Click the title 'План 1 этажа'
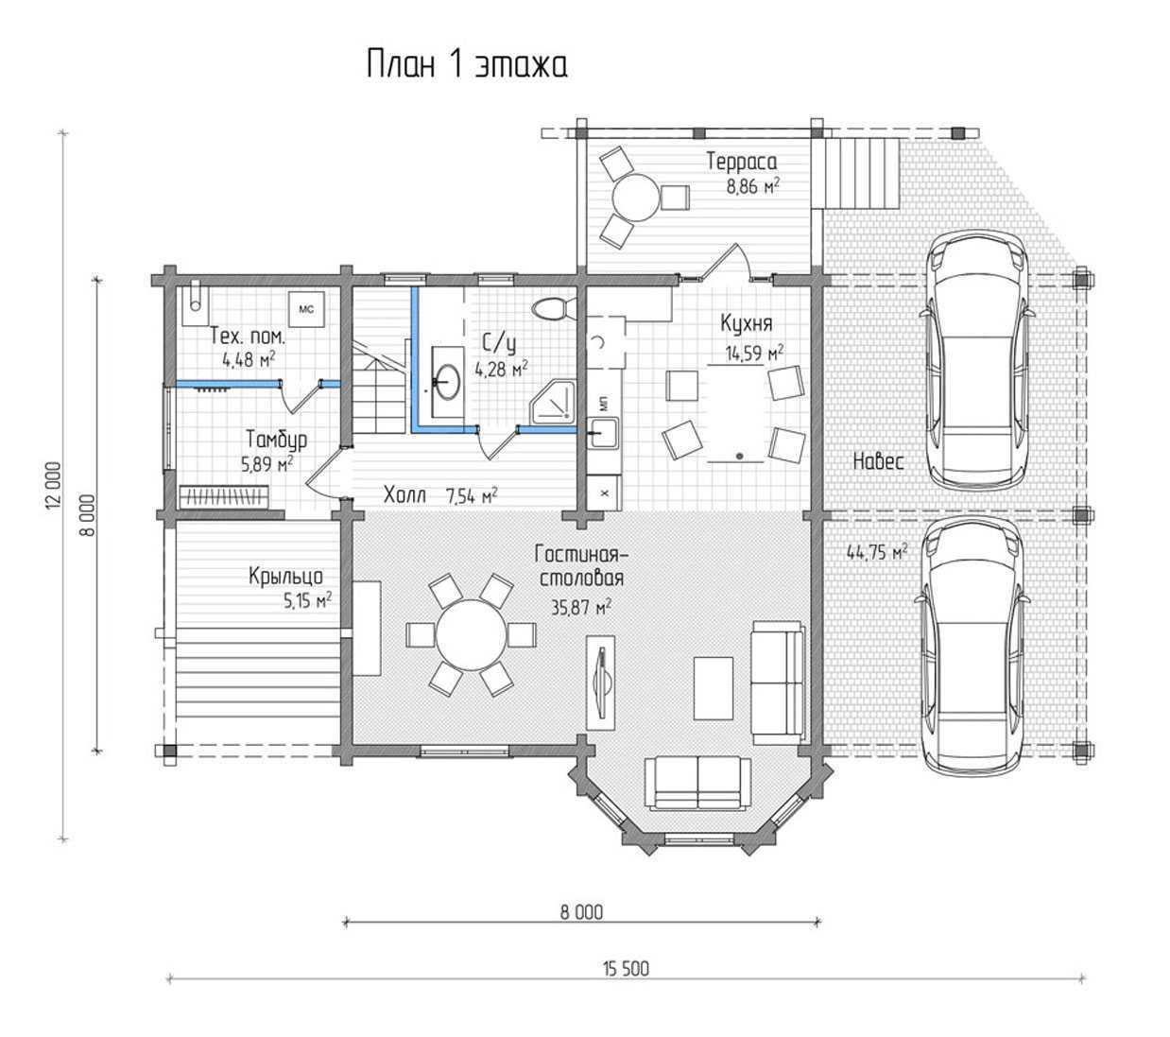pos(467,63)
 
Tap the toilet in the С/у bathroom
pos(553,308)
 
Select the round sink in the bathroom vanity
pos(448,381)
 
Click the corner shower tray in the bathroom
pos(553,401)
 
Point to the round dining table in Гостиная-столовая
pos(470,635)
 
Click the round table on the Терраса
pos(635,197)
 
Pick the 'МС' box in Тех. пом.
pos(306,310)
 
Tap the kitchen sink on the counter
pos(602,432)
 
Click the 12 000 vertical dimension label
pos(53,485)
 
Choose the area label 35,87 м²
pos(581,607)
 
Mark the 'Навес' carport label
pos(878,461)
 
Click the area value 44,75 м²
pos(877,552)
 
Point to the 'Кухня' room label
pos(746,323)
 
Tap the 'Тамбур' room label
pos(277,440)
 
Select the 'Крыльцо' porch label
pos(285,576)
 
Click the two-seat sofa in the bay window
pos(697,783)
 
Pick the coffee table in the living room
pos(714,688)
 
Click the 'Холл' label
pos(404,494)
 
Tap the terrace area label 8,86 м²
pos(753,185)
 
